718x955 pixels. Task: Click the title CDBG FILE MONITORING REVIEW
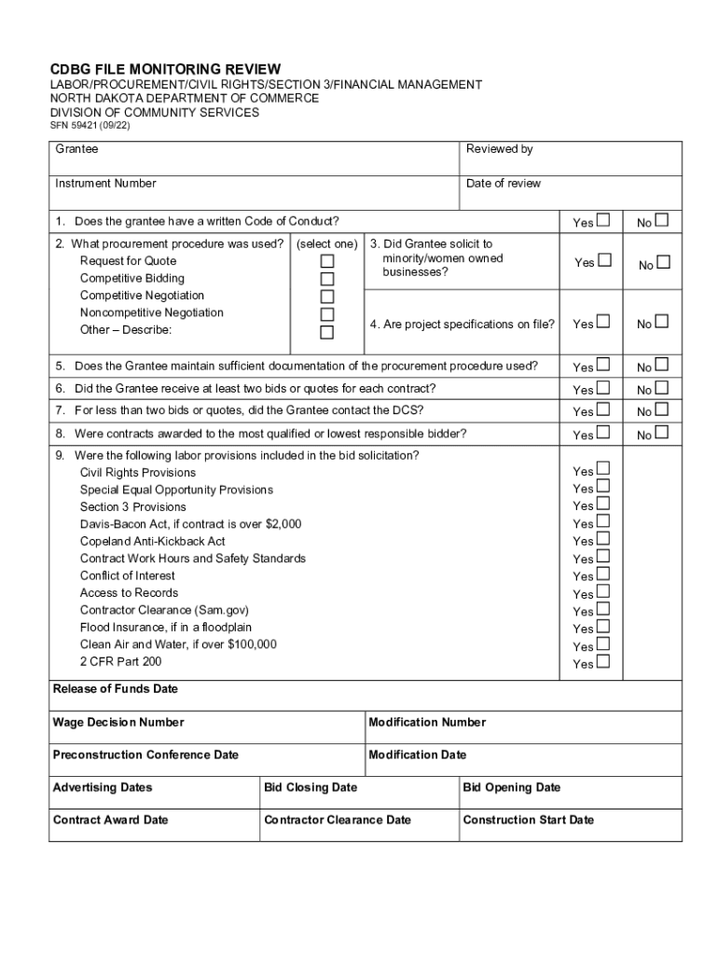pyautogui.click(x=164, y=69)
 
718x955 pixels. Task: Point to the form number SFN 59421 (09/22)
pyautogui.click(x=90, y=126)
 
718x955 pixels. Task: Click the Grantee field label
pyautogui.click(x=76, y=149)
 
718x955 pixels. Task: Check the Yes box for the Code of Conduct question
pyautogui.click(x=603, y=220)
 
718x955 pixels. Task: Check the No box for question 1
pyautogui.click(x=661, y=220)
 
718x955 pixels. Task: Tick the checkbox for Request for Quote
pyautogui.click(x=327, y=262)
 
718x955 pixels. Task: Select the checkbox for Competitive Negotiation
pyautogui.click(x=327, y=298)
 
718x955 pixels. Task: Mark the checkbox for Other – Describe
pyautogui.click(x=327, y=333)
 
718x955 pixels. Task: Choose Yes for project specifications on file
pyautogui.click(x=603, y=322)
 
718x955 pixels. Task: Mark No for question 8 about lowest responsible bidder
pyautogui.click(x=661, y=432)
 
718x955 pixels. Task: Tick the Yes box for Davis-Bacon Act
pyautogui.click(x=603, y=521)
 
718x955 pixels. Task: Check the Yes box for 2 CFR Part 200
pyautogui.click(x=603, y=661)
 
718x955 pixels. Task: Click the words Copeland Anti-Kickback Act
pyautogui.click(x=152, y=541)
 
